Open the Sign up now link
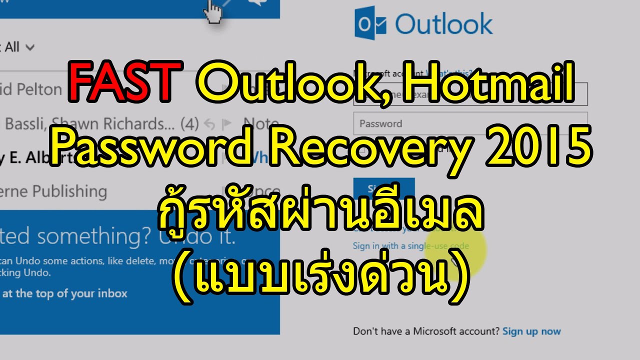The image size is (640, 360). (531, 331)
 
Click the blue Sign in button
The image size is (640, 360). (383, 188)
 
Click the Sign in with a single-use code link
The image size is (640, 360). (410, 245)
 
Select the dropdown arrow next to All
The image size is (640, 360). (30, 48)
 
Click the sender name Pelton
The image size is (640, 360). (40, 90)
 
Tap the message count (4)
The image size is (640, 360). (189, 123)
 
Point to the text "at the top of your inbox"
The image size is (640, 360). (65, 293)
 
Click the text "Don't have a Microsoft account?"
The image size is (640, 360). (426, 331)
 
